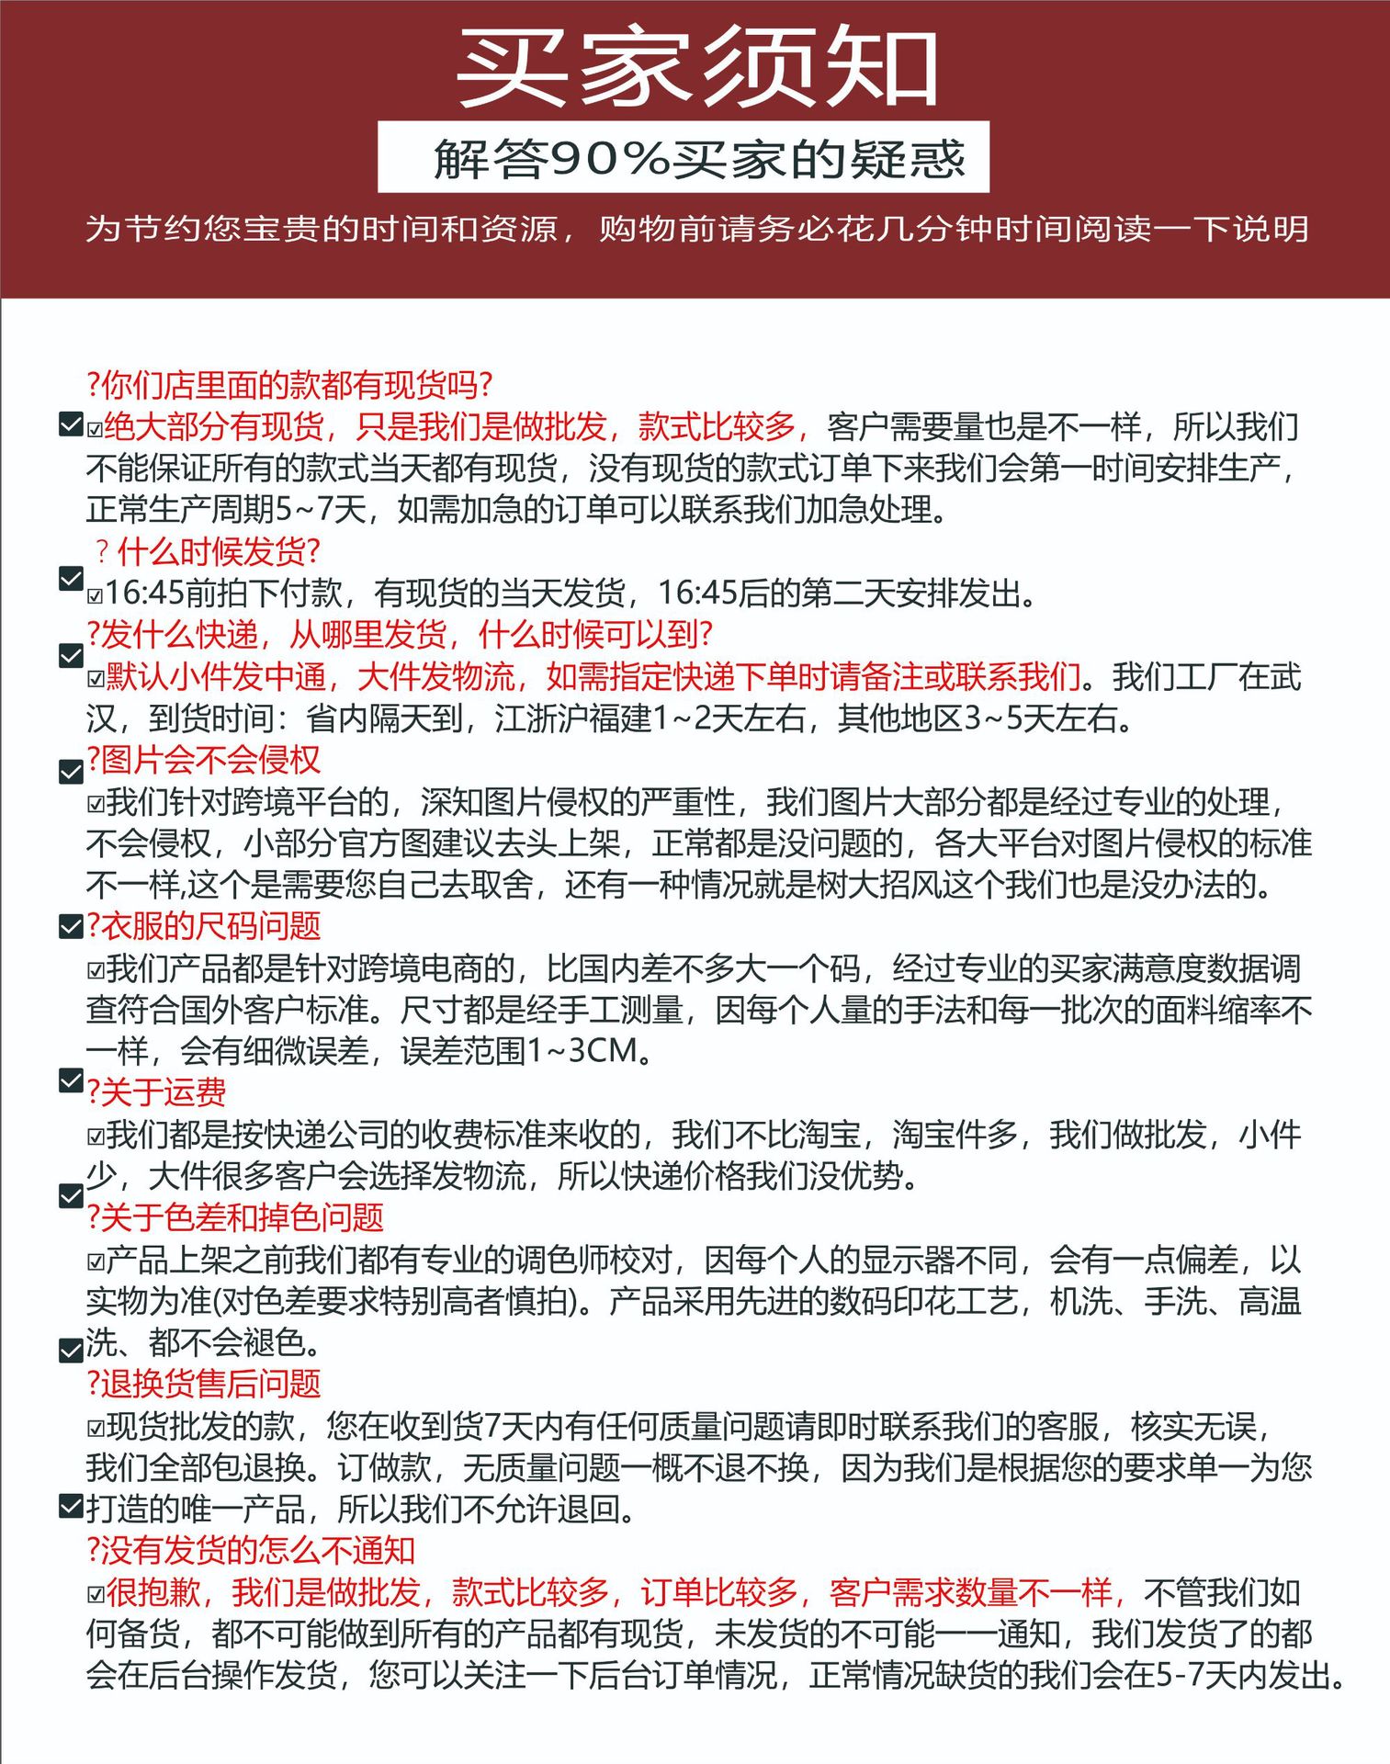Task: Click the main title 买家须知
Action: pos(696,67)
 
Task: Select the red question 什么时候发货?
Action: pos(219,551)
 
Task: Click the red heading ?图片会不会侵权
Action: pos(203,760)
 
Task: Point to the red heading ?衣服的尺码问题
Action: pos(203,926)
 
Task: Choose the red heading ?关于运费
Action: pos(156,1092)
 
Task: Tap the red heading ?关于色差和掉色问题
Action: pos(234,1217)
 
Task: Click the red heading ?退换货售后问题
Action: pos(203,1384)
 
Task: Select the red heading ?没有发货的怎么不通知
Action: pos(250,1551)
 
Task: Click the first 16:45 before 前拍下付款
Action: pos(145,594)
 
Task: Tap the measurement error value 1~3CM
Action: pos(582,1050)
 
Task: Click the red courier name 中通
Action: pos(295,677)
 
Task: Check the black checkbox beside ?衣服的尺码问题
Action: pos(71,926)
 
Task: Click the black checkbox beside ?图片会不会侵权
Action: pos(71,772)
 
